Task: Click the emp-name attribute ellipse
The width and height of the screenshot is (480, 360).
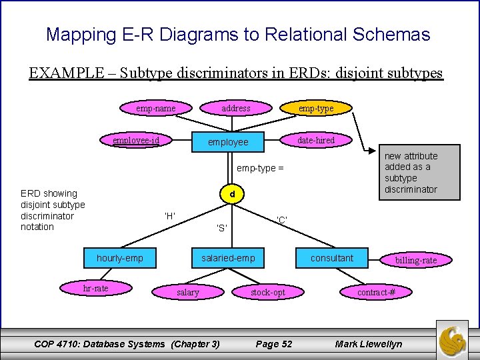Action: pos(156,108)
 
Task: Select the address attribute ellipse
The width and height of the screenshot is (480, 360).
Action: pos(236,108)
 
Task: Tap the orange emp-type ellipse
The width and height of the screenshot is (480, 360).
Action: pos(316,108)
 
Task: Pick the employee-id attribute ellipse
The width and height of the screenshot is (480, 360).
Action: pos(136,140)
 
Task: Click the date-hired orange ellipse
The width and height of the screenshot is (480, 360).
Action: pos(316,140)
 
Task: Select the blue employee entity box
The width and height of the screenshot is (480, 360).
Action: pos(228,142)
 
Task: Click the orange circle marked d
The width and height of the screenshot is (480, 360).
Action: pos(231,195)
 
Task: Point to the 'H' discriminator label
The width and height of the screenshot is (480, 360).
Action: pos(170,215)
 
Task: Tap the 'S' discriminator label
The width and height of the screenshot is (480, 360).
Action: pos(222,228)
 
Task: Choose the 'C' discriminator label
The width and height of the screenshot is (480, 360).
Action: pos(282,220)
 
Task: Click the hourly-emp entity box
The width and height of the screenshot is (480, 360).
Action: pos(120,258)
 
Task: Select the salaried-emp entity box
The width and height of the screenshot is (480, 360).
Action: pos(228,258)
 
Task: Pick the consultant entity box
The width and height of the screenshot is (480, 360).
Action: pos(332,258)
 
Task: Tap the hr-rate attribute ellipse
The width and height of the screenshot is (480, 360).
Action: pos(96,288)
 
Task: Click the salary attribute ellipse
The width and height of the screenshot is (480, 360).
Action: pos(188,292)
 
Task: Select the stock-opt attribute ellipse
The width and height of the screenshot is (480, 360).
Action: pos(268,292)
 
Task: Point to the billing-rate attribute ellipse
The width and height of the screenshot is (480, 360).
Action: pos(416,260)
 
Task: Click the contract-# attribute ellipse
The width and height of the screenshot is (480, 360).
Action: pos(376,292)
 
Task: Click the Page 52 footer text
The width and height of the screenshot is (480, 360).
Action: pos(274,344)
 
